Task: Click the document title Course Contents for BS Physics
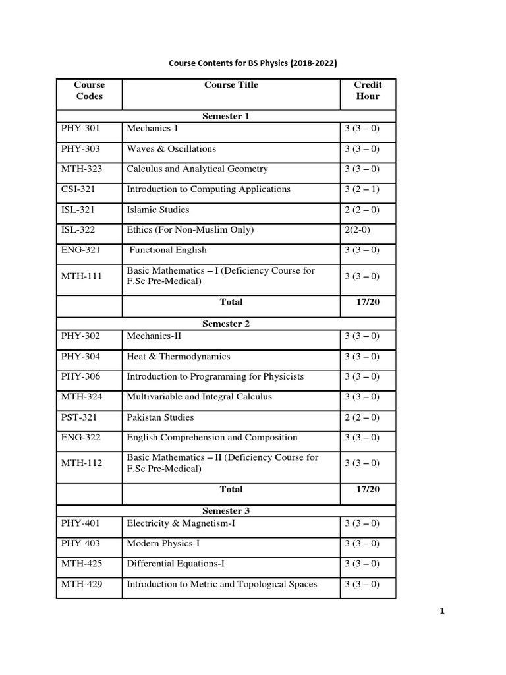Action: click(253, 64)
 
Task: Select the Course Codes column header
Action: click(90, 90)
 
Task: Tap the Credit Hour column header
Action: click(368, 90)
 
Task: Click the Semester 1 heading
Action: click(226, 117)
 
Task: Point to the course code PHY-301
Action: click(81, 129)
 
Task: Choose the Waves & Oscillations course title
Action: click(171, 149)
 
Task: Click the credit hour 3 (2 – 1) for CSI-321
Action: click(362, 189)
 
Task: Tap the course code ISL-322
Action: click(80, 230)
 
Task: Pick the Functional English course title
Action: click(168, 250)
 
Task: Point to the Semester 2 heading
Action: click(226, 324)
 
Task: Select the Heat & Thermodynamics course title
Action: click(179, 357)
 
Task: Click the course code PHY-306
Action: click(81, 377)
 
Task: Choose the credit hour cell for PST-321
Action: click(362, 417)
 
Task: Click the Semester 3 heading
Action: click(226, 511)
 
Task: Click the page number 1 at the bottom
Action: click(443, 611)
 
